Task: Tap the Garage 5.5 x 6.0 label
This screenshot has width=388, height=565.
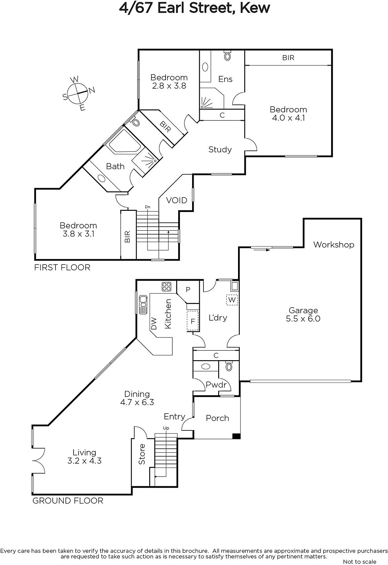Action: pyautogui.click(x=303, y=314)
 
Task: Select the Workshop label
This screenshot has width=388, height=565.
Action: pyautogui.click(x=334, y=244)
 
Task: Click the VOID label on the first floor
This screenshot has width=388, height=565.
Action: pyautogui.click(x=176, y=200)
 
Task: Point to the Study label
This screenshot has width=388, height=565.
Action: pyautogui.click(x=220, y=150)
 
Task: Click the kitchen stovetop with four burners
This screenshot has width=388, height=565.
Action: pyautogui.click(x=167, y=286)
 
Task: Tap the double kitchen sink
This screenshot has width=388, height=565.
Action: pyautogui.click(x=143, y=305)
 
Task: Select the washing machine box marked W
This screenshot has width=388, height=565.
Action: pyautogui.click(x=232, y=300)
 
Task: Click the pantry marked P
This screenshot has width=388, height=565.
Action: pyautogui.click(x=188, y=290)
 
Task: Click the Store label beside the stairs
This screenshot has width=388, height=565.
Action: pyautogui.click(x=142, y=454)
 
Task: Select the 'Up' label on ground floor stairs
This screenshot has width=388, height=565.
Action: pyautogui.click(x=166, y=428)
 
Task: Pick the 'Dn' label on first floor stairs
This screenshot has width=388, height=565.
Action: pyautogui.click(x=147, y=207)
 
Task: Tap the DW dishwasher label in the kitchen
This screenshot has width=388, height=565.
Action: pyautogui.click(x=154, y=323)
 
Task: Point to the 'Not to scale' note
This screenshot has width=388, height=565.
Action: pyautogui.click(x=359, y=561)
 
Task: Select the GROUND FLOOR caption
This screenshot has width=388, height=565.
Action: pyautogui.click(x=68, y=501)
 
